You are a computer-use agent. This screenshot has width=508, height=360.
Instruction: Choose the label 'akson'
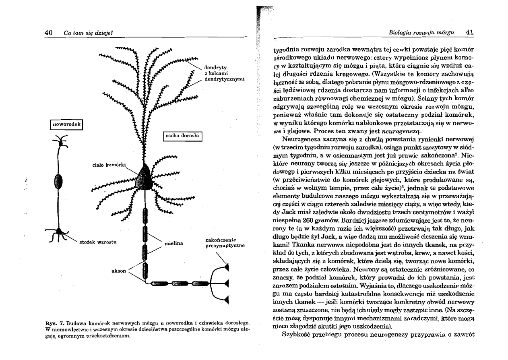click(x=120, y=271)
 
